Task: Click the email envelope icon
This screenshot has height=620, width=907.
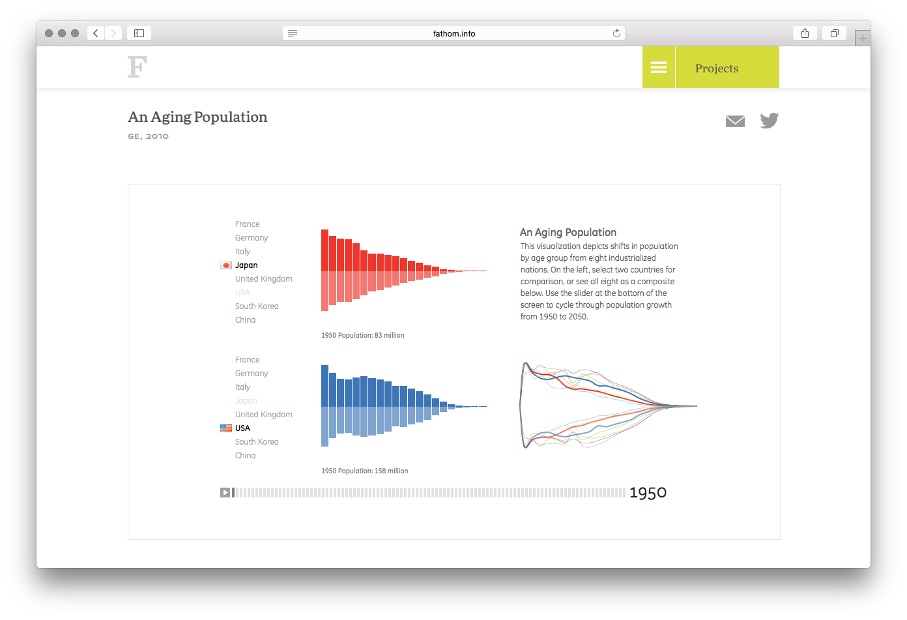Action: pos(735,121)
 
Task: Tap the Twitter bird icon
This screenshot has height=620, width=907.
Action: pos(769,121)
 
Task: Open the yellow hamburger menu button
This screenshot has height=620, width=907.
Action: pos(659,68)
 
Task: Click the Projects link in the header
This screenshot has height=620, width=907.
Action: pos(717,68)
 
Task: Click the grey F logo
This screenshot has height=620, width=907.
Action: pos(137,67)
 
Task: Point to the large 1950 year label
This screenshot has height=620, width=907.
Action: pos(648,493)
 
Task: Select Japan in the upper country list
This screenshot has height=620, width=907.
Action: pos(246,265)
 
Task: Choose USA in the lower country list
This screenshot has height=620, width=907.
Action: pos(242,428)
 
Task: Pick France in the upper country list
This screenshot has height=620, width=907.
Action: pos(247,224)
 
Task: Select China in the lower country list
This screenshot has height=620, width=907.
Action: pos(245,456)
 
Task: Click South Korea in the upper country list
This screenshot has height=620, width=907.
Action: pos(257,306)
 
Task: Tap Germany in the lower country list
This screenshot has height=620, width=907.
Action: pos(252,374)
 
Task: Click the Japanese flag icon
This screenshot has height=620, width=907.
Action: pos(226,265)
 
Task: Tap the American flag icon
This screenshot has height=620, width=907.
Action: pos(226,428)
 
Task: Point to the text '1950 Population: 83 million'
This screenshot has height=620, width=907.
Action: pos(362,336)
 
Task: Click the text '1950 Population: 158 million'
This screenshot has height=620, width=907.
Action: pos(364,471)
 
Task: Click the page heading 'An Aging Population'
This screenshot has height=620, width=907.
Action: pos(197,117)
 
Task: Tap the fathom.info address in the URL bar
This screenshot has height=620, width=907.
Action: pos(454,33)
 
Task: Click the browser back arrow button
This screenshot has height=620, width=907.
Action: pos(96,33)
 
